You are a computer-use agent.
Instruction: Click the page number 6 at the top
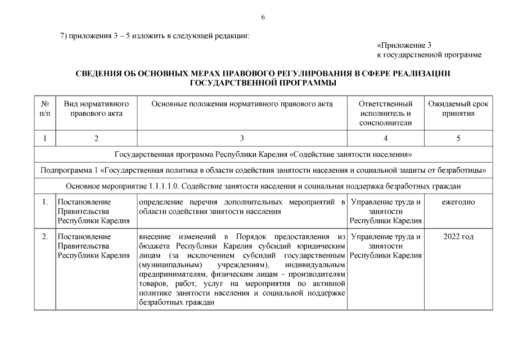(263, 17)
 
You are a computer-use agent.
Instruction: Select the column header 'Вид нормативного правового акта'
(96, 109)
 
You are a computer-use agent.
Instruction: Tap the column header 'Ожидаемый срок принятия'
(458, 109)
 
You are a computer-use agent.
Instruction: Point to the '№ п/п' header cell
(45, 109)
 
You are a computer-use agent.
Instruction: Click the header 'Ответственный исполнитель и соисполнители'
(385, 113)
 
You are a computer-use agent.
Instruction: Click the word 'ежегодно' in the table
(458, 201)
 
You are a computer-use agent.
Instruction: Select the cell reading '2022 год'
(458, 237)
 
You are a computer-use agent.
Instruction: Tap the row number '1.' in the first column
(45, 201)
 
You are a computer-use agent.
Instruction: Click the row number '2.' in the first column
(45, 237)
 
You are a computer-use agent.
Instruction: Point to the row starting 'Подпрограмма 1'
(263, 170)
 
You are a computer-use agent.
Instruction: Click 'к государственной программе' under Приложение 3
(429, 55)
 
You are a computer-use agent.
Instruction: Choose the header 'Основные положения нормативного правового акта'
(242, 104)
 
